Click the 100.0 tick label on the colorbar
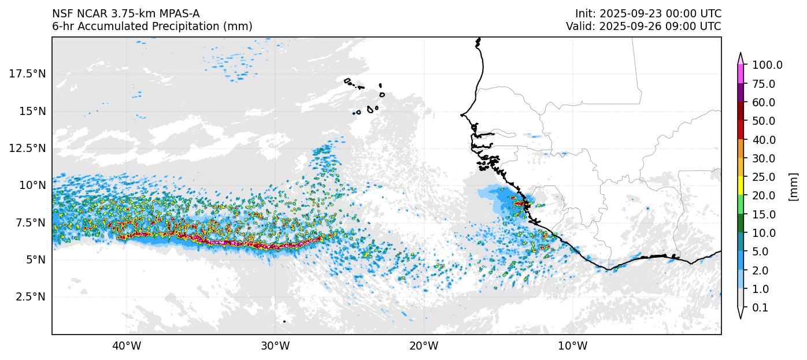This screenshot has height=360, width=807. tap(767, 65)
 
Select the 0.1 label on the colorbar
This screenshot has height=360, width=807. tap(760, 308)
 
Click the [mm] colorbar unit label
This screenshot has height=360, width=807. tap(793, 187)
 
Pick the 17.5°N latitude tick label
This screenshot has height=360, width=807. tap(28, 73)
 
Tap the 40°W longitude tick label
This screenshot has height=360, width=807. tap(126, 346)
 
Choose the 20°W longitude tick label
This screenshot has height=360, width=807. tap(424, 346)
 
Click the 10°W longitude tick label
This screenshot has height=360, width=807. tap(572, 346)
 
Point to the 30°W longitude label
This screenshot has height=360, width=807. tap(275, 346)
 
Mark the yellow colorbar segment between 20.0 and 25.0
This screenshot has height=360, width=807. tap(741, 186)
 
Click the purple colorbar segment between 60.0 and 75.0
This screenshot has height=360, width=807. tap(741, 93)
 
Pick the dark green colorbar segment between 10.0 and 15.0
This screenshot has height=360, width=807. tap(741, 224)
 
